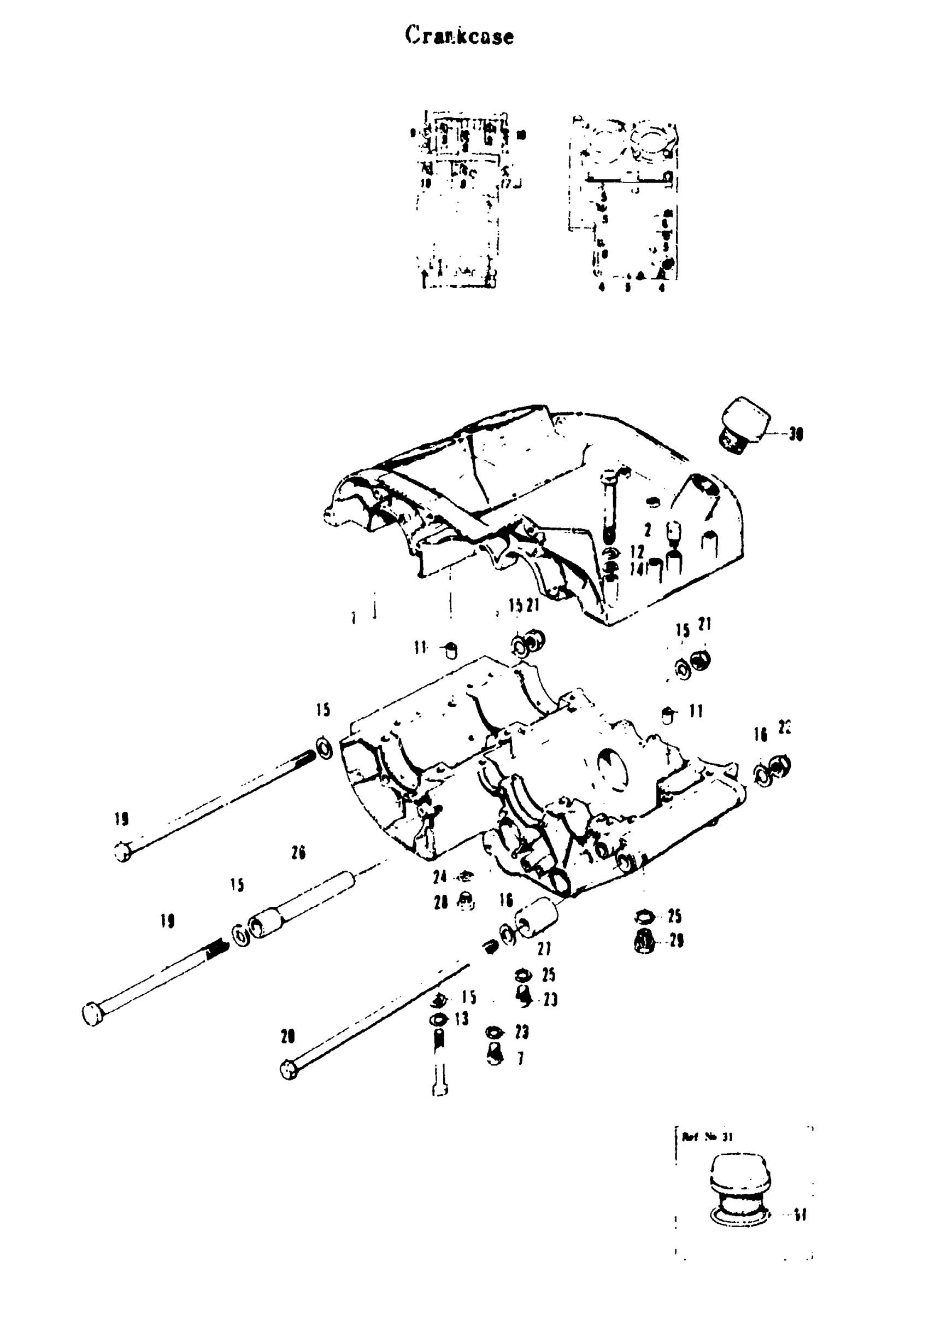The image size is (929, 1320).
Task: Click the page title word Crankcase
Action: (x=458, y=36)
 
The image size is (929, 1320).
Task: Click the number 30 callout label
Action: (x=796, y=434)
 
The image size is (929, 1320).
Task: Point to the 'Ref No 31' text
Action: (x=707, y=1136)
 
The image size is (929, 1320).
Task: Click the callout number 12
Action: (x=637, y=553)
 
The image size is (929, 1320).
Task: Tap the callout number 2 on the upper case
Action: (x=648, y=530)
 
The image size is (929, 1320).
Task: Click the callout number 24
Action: (x=440, y=877)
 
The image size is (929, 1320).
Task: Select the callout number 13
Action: (x=461, y=1019)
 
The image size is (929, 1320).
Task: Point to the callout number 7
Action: (x=520, y=1058)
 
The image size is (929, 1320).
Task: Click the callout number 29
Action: (x=676, y=941)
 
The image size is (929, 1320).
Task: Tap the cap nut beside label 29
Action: (x=644, y=942)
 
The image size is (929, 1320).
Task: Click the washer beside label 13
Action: (x=439, y=1020)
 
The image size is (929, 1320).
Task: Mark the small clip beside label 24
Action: (x=466, y=877)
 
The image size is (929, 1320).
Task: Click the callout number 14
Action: (x=636, y=570)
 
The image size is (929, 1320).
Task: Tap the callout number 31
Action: (x=799, y=1216)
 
